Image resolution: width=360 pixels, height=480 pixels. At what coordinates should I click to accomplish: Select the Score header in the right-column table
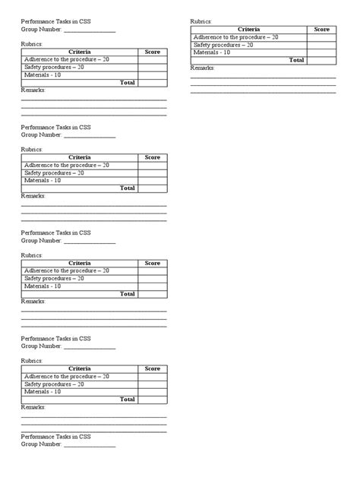[x=321, y=30]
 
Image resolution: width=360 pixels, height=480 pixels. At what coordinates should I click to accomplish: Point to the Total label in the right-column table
[x=296, y=60]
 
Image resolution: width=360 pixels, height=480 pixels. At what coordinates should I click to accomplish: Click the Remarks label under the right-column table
[x=202, y=68]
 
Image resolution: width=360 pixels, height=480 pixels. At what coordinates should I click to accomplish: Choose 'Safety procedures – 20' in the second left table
[x=54, y=173]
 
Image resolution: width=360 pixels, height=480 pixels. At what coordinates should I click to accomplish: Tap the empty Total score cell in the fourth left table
[x=152, y=399]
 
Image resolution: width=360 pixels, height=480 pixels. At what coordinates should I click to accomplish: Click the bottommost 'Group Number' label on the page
[x=41, y=445]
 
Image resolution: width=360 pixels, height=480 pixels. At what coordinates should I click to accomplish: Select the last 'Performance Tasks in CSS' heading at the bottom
[x=55, y=437]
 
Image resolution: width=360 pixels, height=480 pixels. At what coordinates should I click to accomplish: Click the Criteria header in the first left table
[x=79, y=52]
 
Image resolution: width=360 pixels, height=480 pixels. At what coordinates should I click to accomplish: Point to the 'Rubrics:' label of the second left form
[x=32, y=150]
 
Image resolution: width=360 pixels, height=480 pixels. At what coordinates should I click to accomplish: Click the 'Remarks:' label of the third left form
[x=33, y=302]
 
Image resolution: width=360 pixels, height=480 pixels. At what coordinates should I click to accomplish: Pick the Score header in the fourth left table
[x=152, y=368]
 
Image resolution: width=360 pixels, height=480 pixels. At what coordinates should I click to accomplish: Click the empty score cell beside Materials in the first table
[x=152, y=74]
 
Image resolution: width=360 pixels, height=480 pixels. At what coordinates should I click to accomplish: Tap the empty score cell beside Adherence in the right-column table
[x=321, y=37]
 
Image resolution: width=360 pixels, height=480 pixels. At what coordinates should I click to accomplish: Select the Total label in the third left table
[x=127, y=294]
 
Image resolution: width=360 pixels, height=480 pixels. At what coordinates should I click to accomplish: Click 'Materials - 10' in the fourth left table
[x=43, y=392]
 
